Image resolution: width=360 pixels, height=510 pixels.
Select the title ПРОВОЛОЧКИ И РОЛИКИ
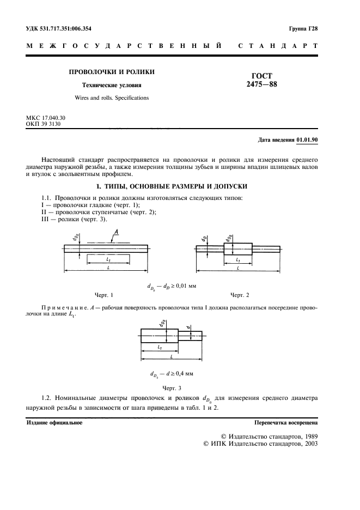pyautogui.click(x=111, y=72)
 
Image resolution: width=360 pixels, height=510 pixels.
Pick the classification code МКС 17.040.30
pyautogui.click(x=46, y=118)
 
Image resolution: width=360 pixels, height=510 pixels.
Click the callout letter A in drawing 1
pyautogui.click(x=116, y=233)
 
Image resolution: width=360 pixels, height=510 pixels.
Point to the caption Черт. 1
pyautogui.click(x=103, y=295)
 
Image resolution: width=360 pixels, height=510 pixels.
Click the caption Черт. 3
pyautogui.click(x=172, y=388)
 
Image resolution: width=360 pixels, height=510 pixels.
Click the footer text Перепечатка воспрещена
pyautogui.click(x=286, y=422)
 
